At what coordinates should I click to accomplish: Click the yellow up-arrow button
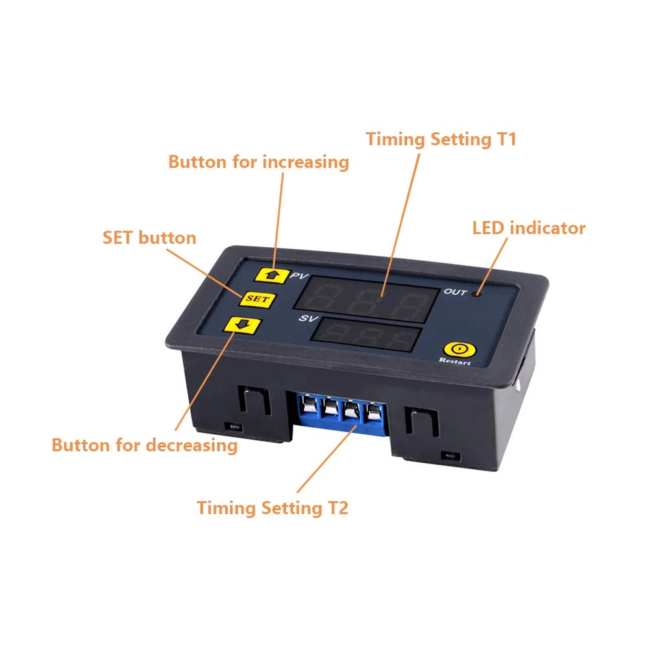[x=271, y=275]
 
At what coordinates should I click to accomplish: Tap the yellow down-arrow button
[x=243, y=325]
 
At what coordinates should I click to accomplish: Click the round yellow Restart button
[x=459, y=349]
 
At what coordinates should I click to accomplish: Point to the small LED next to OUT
[x=478, y=294]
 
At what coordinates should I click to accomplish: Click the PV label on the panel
[x=299, y=276]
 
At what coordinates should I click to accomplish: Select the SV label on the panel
[x=308, y=318]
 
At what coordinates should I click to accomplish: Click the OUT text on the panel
[x=456, y=292]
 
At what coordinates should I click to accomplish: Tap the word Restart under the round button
[x=454, y=361]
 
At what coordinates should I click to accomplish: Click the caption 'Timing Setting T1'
[x=441, y=140]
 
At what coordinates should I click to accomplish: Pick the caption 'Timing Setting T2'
[x=273, y=508]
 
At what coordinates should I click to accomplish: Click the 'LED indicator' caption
[x=528, y=228]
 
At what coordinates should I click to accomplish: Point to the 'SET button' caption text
[x=149, y=238]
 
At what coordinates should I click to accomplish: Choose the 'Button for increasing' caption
[x=259, y=162]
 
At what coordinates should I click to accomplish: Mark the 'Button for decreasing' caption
[x=145, y=445]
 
